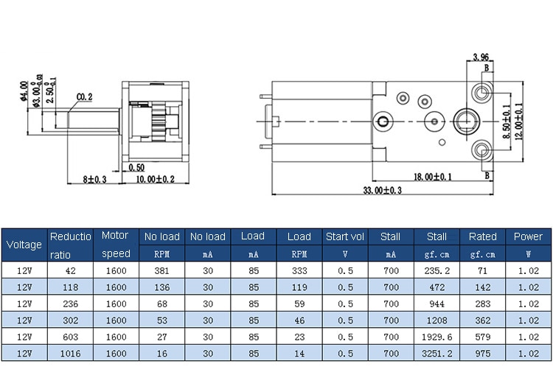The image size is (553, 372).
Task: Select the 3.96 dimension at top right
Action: tap(481, 57)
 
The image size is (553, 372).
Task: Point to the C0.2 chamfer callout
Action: tap(84, 96)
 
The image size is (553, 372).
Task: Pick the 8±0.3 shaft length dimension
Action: tap(95, 179)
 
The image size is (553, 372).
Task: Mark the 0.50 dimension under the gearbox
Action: tap(136, 167)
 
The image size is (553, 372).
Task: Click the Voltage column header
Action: tap(24, 245)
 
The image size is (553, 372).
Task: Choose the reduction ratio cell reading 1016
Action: tap(71, 354)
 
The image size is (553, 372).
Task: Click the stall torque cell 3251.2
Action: tap(437, 354)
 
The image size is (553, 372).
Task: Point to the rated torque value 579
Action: tap(483, 337)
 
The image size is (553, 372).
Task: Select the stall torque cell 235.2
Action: tap(437, 270)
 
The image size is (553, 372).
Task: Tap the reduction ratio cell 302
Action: tap(71, 320)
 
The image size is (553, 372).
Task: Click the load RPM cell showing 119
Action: tap(299, 287)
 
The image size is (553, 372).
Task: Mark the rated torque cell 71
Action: tap(483, 270)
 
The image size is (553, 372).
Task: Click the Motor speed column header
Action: tap(116, 245)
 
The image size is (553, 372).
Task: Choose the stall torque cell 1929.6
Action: tap(437, 337)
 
